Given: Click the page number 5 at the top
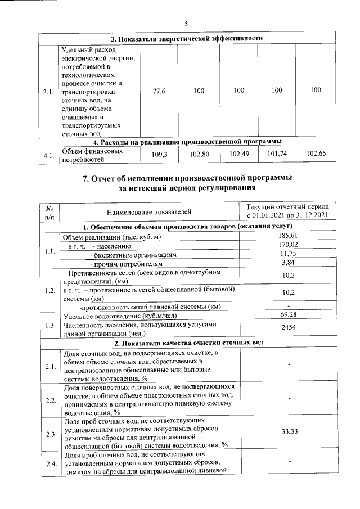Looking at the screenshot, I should [186, 24].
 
